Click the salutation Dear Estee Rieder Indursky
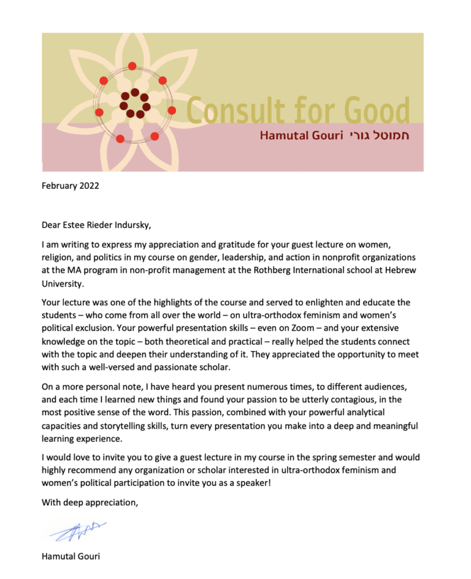[96, 224]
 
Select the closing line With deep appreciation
[90, 502]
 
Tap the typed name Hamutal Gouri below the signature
[70, 557]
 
